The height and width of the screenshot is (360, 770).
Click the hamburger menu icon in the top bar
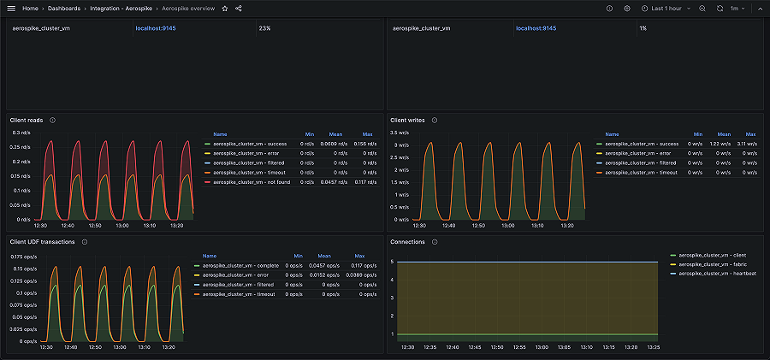click(11, 8)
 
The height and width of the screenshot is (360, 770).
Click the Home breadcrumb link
click(30, 8)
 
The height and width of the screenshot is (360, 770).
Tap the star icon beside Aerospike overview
click(224, 8)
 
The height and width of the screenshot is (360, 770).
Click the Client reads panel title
click(27, 121)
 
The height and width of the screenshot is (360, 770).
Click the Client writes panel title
click(407, 121)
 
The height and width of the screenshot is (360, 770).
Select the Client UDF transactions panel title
click(42, 242)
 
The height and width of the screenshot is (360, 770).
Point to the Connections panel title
click(407, 242)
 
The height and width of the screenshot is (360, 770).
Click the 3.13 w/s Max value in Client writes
click(748, 144)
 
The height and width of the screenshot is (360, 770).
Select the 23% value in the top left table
click(265, 28)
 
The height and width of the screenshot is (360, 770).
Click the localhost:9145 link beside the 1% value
click(536, 28)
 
